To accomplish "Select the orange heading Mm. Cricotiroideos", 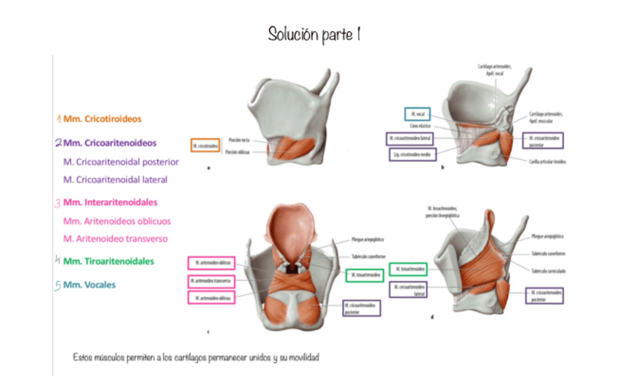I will click(102, 118).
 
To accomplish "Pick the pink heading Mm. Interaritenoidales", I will click(110, 203).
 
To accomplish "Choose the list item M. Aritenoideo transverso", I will click(115, 238).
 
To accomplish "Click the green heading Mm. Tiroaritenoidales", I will click(108, 262).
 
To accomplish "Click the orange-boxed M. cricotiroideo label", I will click(204, 146).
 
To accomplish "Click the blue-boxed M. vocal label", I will click(418, 114).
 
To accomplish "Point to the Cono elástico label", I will click(421, 125).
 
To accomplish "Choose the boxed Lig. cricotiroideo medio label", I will click(411, 154).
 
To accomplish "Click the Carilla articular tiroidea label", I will click(548, 161).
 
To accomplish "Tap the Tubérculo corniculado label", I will click(549, 270).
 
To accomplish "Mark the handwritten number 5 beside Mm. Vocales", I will click(57, 285).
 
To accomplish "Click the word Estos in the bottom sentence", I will click(83, 357).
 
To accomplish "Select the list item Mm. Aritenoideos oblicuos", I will click(117, 221).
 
